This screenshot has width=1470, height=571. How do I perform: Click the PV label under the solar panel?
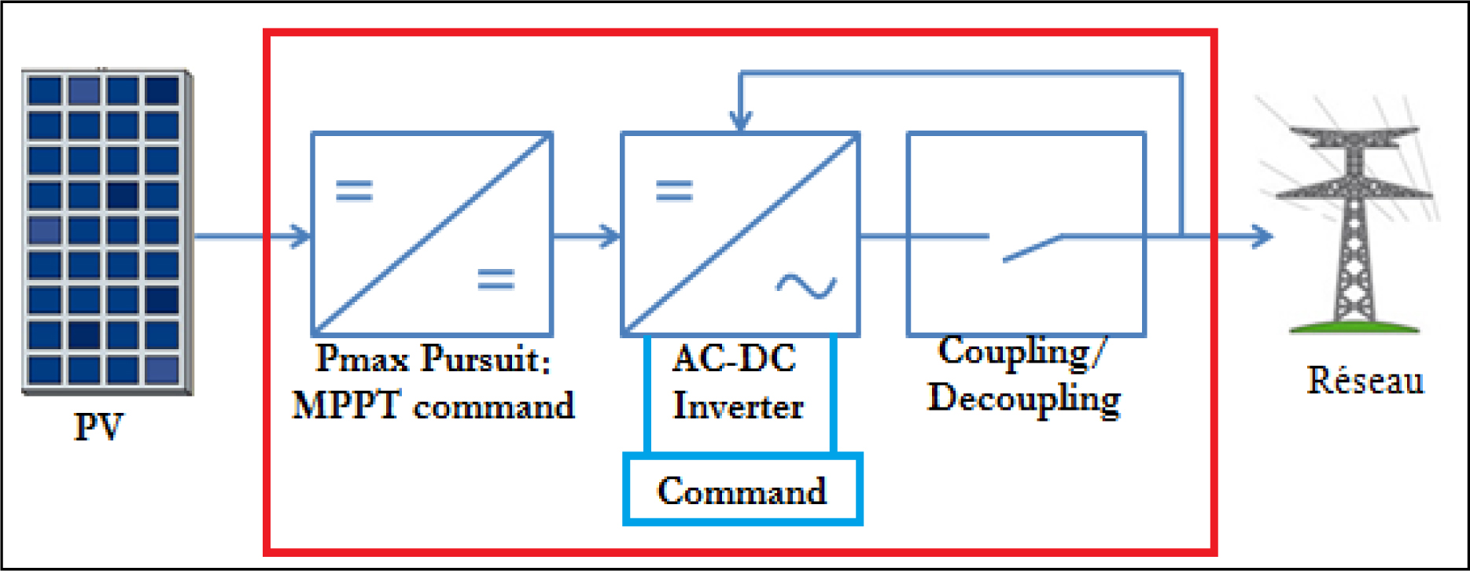pos(98,426)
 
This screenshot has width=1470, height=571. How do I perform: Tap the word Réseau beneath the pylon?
pos(1365,380)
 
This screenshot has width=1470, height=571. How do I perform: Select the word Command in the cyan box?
pos(742,491)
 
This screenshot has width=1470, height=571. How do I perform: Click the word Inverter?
pos(738,406)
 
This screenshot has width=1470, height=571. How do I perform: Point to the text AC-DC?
pos(735,359)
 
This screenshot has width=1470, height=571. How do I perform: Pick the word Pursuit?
pos(485,359)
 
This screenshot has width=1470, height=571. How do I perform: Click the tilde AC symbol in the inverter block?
pos(806,286)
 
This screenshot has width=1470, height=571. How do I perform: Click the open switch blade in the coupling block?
pos(1033,248)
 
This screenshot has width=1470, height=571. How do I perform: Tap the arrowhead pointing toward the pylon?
pos(1262,236)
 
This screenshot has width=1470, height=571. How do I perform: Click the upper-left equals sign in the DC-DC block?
pos(354,191)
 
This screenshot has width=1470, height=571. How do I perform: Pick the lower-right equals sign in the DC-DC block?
pos(496,279)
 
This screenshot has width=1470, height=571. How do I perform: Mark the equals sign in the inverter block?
pos(675,191)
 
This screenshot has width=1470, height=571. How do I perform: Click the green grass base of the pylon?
pos(1354,326)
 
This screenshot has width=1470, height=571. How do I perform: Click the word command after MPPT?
pos(494,407)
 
